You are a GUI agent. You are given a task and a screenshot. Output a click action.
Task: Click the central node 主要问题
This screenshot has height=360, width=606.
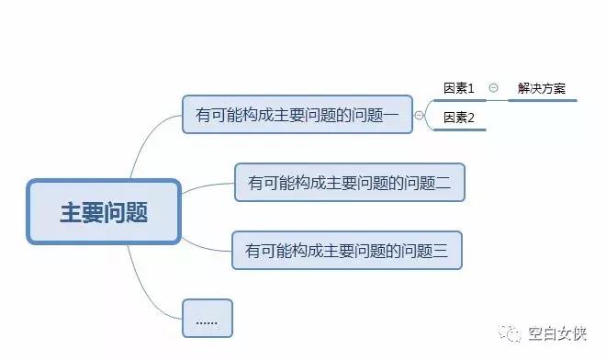(104, 212)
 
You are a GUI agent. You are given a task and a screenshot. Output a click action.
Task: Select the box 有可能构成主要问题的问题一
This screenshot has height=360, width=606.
(297, 114)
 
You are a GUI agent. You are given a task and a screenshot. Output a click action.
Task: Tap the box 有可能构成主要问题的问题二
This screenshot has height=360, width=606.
(349, 183)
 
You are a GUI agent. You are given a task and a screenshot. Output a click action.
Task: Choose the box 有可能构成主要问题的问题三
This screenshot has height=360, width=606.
(346, 250)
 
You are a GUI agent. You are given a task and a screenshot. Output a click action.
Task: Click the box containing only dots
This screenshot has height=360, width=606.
(207, 318)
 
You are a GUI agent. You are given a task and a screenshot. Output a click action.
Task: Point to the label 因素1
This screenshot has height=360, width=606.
(458, 88)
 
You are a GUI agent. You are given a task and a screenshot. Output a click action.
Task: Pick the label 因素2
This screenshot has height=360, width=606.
(458, 118)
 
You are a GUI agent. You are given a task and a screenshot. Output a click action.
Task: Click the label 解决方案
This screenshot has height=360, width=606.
(541, 88)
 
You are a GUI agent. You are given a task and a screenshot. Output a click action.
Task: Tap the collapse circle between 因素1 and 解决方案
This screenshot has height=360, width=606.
(493, 88)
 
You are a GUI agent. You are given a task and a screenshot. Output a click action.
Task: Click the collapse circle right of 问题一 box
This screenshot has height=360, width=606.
(420, 115)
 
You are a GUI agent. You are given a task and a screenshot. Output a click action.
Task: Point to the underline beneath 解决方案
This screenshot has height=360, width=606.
(542, 99)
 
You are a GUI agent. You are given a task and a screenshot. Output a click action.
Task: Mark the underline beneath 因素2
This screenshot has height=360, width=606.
(458, 129)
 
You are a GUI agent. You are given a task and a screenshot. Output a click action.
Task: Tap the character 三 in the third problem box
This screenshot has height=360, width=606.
(440, 250)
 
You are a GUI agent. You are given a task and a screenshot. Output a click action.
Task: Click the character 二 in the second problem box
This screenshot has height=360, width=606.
(443, 183)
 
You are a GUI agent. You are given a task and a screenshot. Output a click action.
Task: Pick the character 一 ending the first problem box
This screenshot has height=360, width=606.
(391, 114)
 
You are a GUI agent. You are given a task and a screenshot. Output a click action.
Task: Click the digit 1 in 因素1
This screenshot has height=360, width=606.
(471, 88)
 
